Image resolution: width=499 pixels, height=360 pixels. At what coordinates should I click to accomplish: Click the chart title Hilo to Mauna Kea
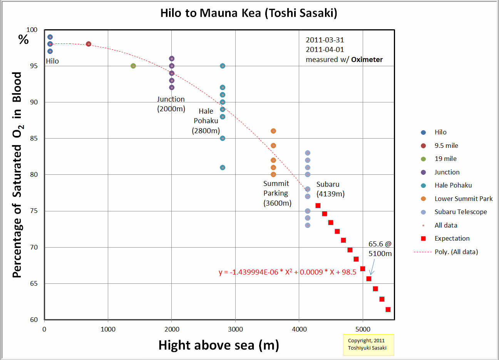[x=249, y=13]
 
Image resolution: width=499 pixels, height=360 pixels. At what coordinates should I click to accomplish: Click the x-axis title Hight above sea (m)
[x=218, y=345]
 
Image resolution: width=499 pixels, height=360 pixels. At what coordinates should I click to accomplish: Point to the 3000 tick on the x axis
[x=235, y=329]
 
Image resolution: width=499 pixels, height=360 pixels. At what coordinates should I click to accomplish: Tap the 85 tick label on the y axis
[x=34, y=138]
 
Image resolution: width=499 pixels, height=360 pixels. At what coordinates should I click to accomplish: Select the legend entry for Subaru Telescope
[x=460, y=212]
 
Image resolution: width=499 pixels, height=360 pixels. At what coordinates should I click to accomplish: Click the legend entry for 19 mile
[x=445, y=159]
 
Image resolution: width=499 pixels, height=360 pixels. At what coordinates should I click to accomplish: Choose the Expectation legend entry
[x=452, y=238]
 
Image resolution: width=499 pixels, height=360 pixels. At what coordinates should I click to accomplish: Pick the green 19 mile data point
[x=133, y=66]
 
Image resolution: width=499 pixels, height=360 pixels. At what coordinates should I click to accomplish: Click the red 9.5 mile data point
[x=89, y=44]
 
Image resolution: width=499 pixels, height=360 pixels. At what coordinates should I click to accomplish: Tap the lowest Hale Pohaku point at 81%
[x=223, y=167]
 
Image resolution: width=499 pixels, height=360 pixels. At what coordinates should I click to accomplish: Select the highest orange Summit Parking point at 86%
[x=273, y=131]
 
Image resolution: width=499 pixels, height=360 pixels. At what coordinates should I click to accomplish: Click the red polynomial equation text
[x=287, y=272]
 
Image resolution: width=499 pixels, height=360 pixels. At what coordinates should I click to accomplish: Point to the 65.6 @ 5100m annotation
[x=380, y=249]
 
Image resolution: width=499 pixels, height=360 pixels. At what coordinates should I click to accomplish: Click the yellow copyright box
[x=368, y=344]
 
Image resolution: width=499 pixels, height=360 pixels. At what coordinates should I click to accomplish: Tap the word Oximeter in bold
[x=367, y=60]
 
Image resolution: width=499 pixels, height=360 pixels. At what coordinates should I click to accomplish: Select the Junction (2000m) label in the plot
[x=171, y=104]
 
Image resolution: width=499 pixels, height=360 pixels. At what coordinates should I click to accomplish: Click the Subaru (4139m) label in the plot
[x=330, y=189]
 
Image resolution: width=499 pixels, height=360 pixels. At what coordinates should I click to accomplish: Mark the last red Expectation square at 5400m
[x=388, y=310]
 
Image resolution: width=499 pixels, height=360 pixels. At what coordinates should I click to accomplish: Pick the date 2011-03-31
[x=325, y=40]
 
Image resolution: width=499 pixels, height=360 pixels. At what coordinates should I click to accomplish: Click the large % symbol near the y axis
[x=23, y=39]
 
